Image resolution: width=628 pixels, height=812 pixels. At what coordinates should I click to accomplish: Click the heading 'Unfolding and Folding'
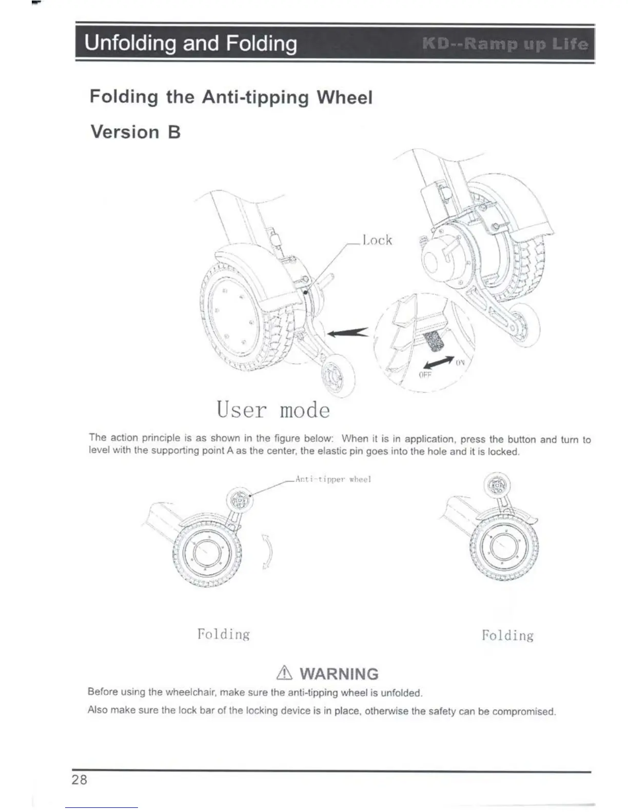pyautogui.click(x=190, y=44)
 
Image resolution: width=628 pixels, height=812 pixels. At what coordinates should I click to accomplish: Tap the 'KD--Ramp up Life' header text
pyautogui.click(x=505, y=44)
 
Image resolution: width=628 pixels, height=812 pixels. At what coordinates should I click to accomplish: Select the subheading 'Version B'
pyautogui.click(x=135, y=132)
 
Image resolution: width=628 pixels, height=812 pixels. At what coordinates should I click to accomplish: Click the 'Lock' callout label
pyautogui.click(x=377, y=240)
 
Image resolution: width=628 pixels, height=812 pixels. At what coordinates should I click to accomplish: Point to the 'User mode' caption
pyautogui.click(x=273, y=410)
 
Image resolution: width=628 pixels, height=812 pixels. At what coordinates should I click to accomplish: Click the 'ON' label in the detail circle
pyautogui.click(x=460, y=362)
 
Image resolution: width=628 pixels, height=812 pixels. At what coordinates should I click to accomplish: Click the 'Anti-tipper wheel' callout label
pyautogui.click(x=333, y=479)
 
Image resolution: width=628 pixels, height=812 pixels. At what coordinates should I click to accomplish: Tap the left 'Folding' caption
pyautogui.click(x=224, y=634)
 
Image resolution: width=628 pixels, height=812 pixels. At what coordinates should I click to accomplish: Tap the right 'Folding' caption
pyautogui.click(x=507, y=636)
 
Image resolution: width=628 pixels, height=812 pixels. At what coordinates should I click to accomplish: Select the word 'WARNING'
pyautogui.click(x=339, y=674)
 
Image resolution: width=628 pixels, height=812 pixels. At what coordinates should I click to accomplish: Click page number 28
pyautogui.click(x=80, y=780)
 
